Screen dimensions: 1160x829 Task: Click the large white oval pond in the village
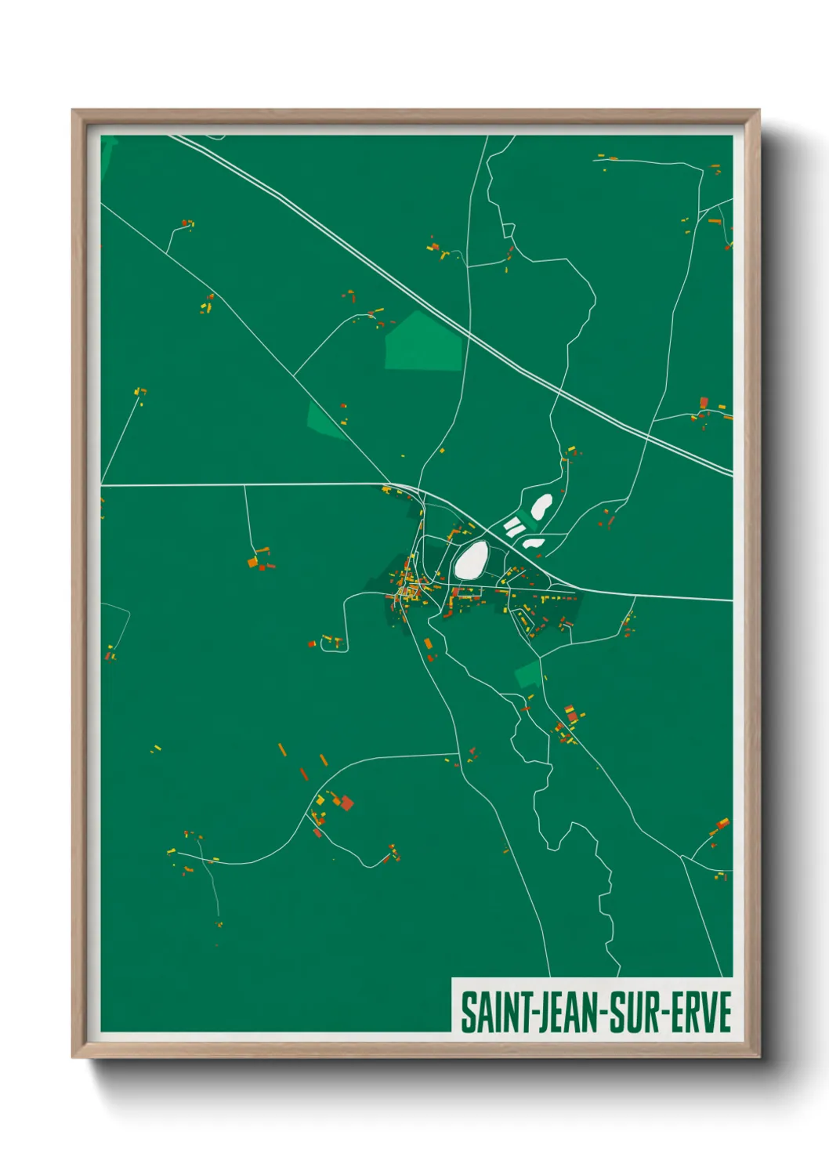tap(472, 561)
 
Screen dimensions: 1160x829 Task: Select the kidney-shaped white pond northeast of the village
tap(541, 506)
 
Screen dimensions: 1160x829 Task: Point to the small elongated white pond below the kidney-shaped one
tap(534, 543)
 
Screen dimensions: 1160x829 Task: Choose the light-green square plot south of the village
tap(528, 674)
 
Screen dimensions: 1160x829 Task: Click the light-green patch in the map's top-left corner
tap(107, 150)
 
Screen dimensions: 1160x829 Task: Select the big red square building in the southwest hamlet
tap(346, 803)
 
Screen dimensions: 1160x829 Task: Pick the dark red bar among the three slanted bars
tap(303, 774)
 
